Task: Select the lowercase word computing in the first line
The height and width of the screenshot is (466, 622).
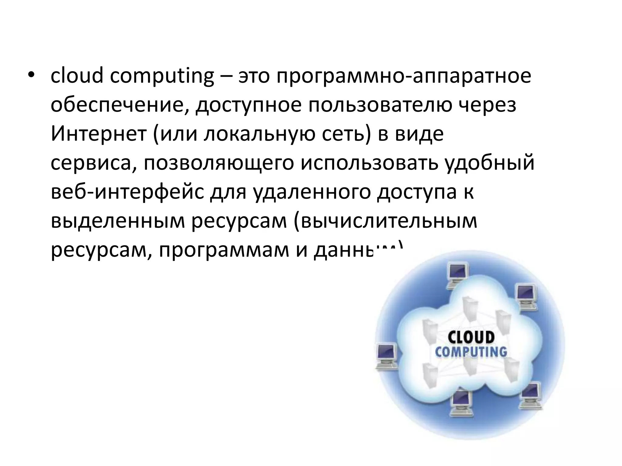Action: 162,76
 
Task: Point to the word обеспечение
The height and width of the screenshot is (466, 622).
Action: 119,106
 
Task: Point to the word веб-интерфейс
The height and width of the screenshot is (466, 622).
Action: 127,192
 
